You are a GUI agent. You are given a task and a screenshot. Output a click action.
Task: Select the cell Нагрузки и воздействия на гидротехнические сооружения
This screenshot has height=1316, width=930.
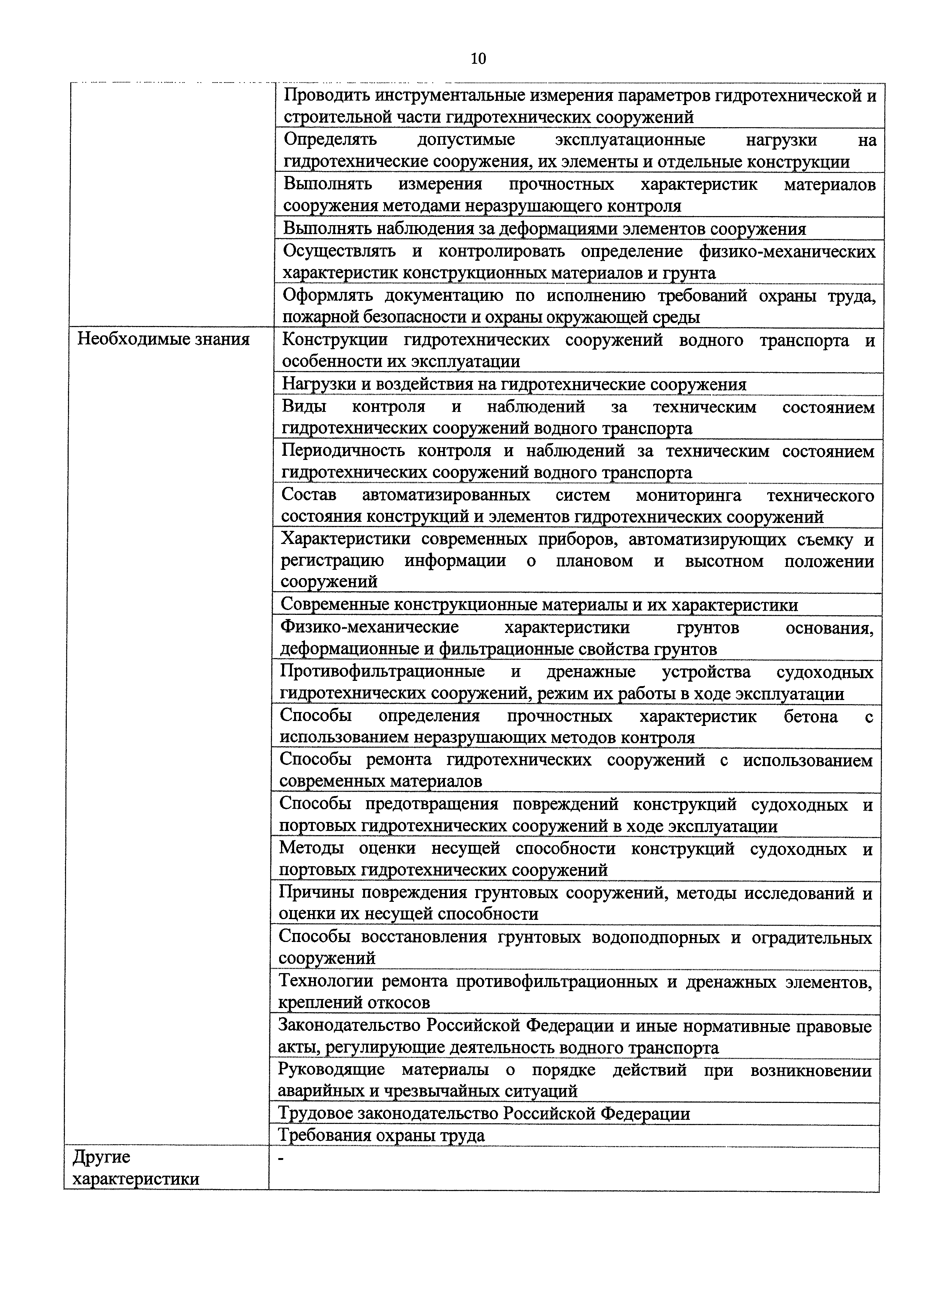pyautogui.click(x=514, y=384)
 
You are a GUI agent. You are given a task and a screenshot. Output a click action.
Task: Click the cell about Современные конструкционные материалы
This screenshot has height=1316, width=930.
pyautogui.click(x=539, y=605)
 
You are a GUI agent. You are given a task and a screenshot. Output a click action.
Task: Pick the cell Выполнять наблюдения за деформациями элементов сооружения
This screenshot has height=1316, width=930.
pyautogui.click(x=544, y=229)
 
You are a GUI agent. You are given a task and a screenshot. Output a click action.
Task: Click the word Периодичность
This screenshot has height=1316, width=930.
pyautogui.click(x=343, y=451)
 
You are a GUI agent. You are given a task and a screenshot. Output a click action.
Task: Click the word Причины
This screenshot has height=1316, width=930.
pyautogui.click(x=314, y=892)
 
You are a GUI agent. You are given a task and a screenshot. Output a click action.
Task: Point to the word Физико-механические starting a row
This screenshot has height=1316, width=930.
pyautogui.click(x=369, y=627)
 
